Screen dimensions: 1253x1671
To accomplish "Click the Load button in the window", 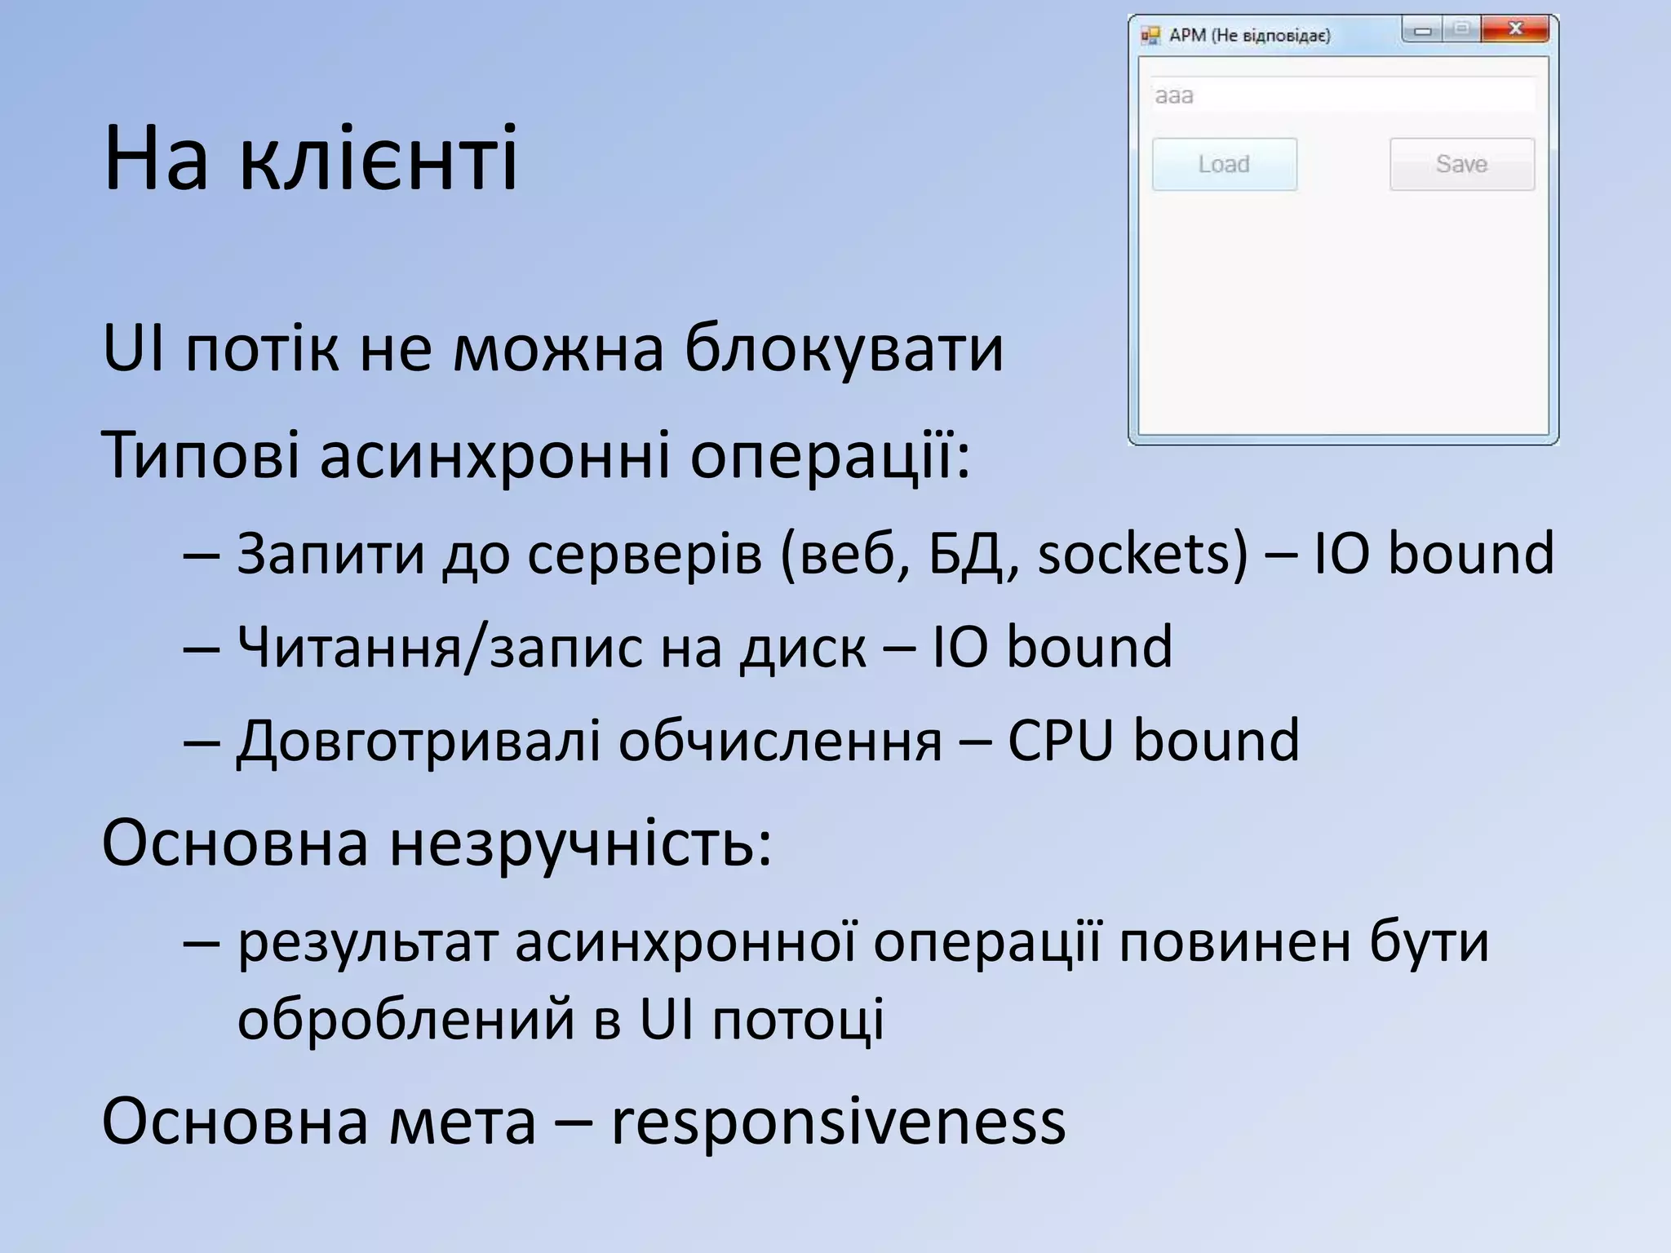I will click(x=1224, y=164).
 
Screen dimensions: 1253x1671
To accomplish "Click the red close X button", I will click(x=1514, y=30).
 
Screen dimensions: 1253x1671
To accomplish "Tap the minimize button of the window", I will click(x=1423, y=31).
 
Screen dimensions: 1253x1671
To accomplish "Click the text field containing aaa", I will click(x=1342, y=95).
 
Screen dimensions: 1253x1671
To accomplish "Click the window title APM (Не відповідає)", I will click(x=1249, y=35).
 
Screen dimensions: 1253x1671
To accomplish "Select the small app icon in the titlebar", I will click(x=1150, y=35).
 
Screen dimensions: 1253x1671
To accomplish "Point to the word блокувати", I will click(x=844, y=349).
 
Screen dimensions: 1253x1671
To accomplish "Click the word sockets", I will click(x=1142, y=553).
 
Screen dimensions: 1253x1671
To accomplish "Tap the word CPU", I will click(x=1060, y=741).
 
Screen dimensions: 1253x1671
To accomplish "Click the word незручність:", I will click(x=580, y=843).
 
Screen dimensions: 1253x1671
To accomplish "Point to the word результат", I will click(x=367, y=943).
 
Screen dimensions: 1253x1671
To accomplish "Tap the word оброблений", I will click(x=406, y=1020).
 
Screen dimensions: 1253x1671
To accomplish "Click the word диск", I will click(x=804, y=648).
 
